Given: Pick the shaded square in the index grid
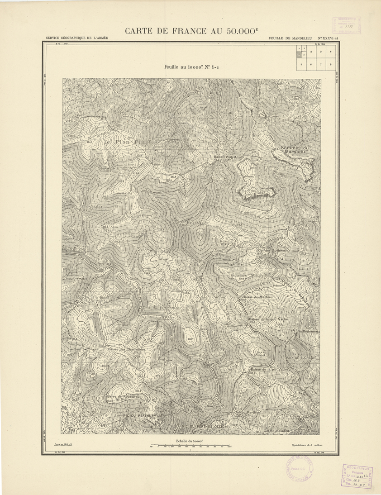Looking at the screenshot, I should click(x=299, y=55).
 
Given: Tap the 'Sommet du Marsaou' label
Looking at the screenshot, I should click(x=292, y=150).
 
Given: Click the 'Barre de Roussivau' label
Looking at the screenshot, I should click(x=124, y=397).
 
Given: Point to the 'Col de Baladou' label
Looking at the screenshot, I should click(x=276, y=430).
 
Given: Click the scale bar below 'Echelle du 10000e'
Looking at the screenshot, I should click(x=190, y=447).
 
